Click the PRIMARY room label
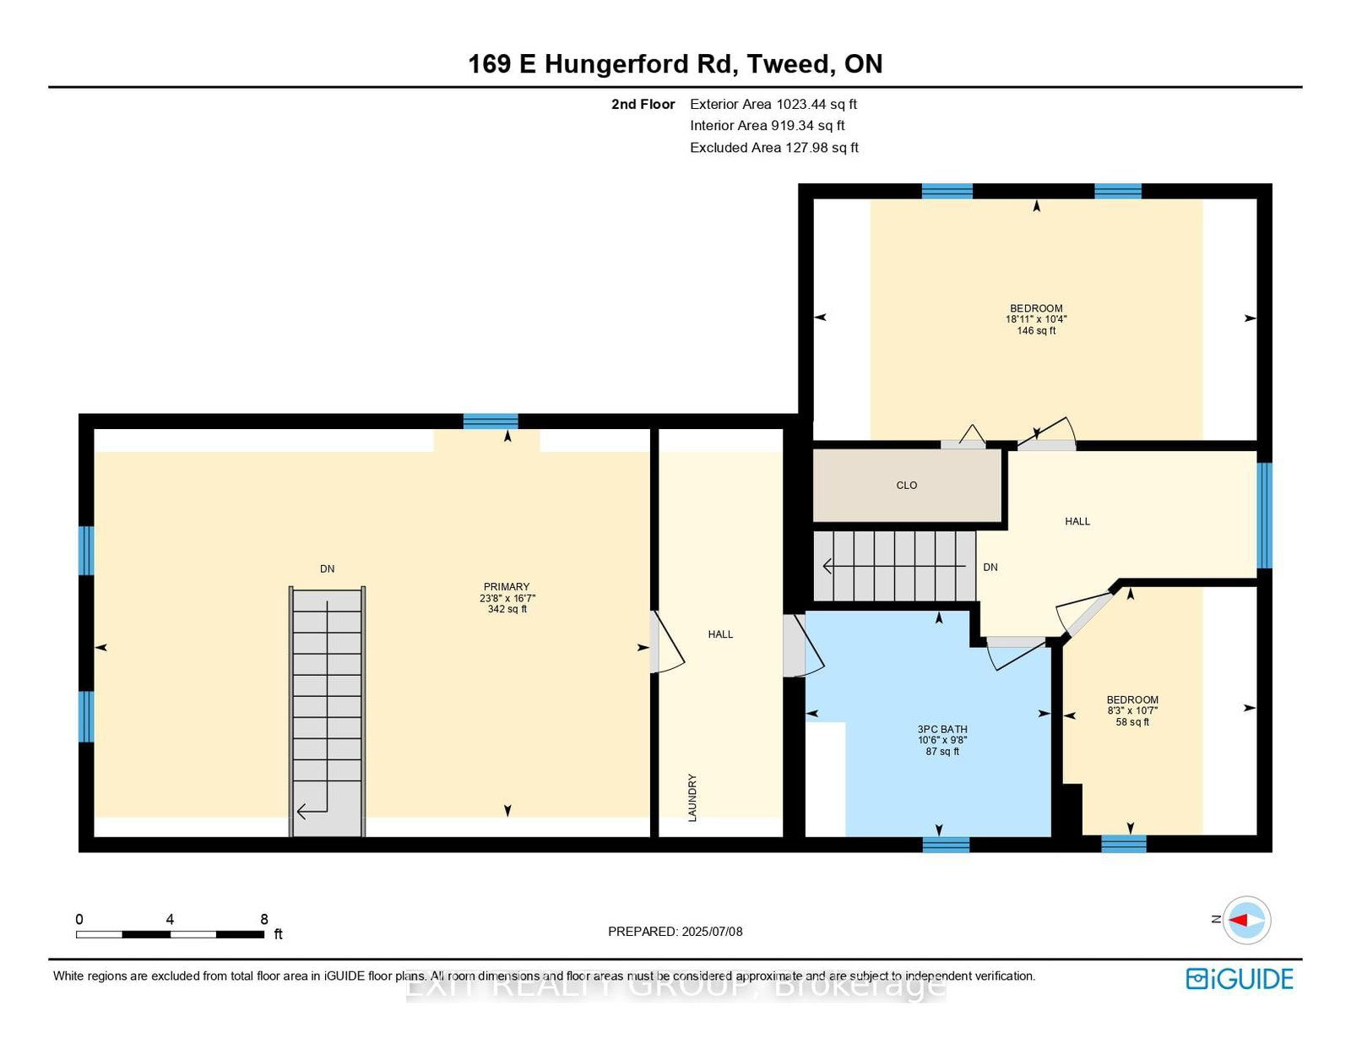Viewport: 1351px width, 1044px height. point(507,586)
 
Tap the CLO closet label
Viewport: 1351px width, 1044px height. point(907,485)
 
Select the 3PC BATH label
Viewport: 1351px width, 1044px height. point(942,729)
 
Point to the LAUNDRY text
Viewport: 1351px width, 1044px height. point(692,797)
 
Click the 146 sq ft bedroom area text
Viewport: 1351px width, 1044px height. point(1036,331)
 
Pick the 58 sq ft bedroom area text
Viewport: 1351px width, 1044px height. point(1132,722)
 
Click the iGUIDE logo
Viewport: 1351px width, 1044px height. point(1240,979)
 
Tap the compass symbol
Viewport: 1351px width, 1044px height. point(1246,920)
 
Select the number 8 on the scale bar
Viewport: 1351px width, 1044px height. point(264,919)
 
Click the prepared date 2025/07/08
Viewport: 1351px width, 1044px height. point(712,932)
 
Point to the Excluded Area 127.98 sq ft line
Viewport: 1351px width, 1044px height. point(774,147)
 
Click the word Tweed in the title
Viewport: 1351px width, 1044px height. point(788,64)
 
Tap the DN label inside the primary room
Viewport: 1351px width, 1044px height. point(327,568)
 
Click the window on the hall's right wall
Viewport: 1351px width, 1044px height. point(1265,515)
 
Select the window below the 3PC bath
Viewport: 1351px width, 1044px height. point(946,845)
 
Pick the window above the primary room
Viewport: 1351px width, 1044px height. point(491,421)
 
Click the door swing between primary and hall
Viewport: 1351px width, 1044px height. point(667,642)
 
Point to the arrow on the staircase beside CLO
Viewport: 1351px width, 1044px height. point(894,567)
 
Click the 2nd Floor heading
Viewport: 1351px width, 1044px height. point(643,105)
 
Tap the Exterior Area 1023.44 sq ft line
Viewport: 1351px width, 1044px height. point(773,105)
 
